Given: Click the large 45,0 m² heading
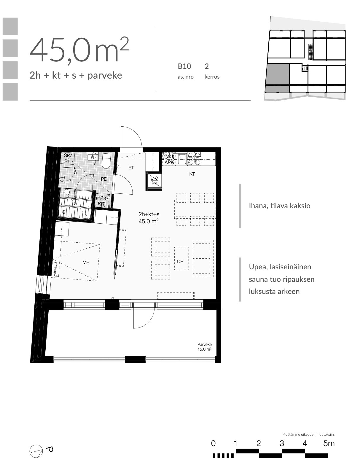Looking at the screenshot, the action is (79, 50).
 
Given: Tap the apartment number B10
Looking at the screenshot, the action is (184, 66).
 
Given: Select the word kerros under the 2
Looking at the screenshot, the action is (212, 77).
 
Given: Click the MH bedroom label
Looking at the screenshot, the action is (86, 262).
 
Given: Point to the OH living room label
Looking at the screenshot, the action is (180, 261).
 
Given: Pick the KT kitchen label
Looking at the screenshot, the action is (192, 174).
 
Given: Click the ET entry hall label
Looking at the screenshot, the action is (131, 168).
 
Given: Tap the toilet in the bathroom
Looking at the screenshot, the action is (106, 161).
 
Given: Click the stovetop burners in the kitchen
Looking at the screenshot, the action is (194, 159).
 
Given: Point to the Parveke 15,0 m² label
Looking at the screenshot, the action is (204, 347).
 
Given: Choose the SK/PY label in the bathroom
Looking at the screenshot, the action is (68, 158).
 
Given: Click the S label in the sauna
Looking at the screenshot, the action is (64, 212).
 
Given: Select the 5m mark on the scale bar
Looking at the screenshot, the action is (329, 443).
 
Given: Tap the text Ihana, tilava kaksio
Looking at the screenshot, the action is (280, 206).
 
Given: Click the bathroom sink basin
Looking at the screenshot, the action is (93, 158).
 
